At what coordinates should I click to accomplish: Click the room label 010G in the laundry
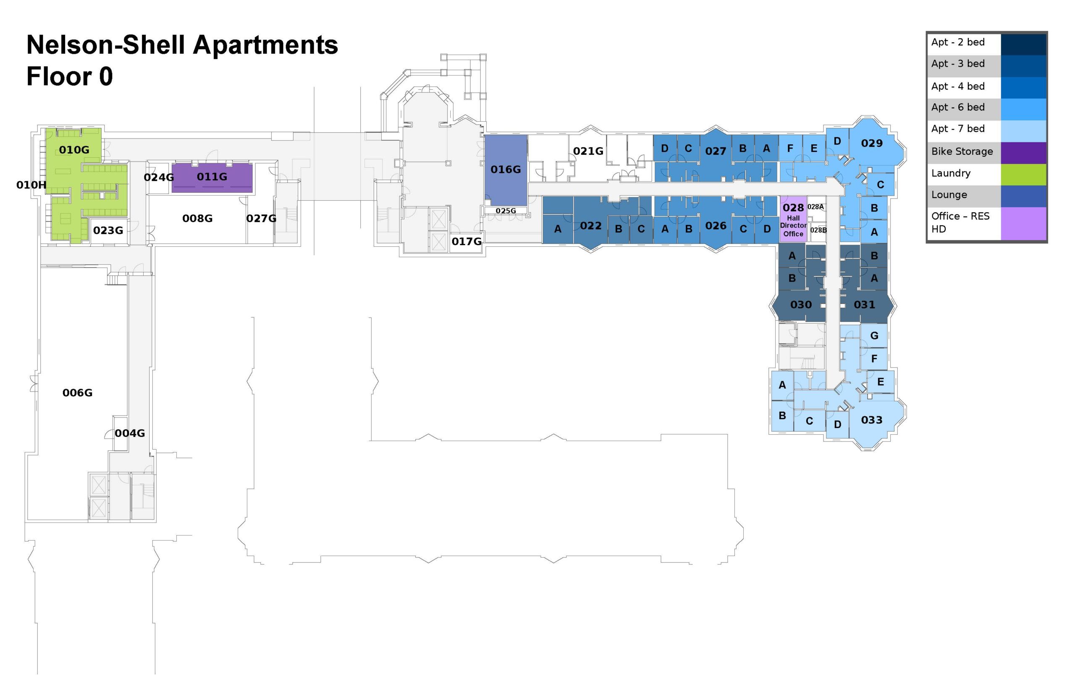point(73,150)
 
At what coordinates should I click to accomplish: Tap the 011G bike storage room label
point(212,177)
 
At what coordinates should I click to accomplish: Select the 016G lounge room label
point(505,170)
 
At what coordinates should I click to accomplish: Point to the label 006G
point(77,393)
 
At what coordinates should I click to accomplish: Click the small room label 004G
point(130,433)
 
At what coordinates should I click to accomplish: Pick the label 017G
point(467,241)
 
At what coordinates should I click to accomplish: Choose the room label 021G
point(588,151)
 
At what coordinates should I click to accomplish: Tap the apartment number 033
point(871,420)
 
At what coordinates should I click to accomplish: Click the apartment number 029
point(871,144)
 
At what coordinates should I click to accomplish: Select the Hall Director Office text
point(793,226)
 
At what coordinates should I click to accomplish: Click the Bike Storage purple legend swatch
point(1023,152)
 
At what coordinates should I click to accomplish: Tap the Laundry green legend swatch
point(1023,174)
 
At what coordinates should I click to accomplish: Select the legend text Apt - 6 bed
point(957,107)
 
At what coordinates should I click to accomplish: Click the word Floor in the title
point(59,76)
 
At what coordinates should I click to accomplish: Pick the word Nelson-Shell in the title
point(106,45)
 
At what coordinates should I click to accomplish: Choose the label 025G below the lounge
point(505,211)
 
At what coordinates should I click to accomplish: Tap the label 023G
point(108,230)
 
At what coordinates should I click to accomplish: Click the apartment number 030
point(800,305)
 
